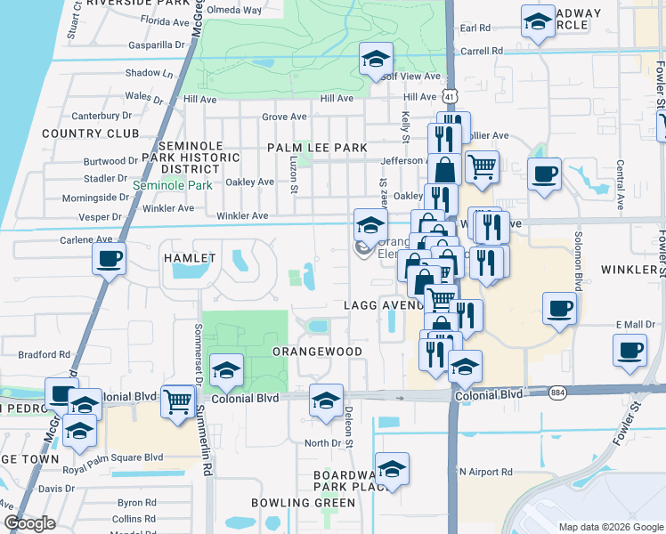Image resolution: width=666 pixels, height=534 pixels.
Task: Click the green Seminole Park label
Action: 173,186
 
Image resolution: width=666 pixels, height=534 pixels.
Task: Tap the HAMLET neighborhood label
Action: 189,258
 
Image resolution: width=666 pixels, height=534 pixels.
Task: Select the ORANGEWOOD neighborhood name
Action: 317,352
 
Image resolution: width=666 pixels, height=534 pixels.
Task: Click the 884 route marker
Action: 557,392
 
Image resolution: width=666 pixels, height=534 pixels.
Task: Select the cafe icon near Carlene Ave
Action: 109,259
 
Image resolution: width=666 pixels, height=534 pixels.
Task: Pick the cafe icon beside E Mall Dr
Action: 629,350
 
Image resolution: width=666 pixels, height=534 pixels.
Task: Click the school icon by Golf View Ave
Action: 376,60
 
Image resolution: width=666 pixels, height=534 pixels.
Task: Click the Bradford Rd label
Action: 44,354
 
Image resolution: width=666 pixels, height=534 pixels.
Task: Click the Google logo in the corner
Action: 29,523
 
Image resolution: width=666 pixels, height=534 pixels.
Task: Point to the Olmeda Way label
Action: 235,11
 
